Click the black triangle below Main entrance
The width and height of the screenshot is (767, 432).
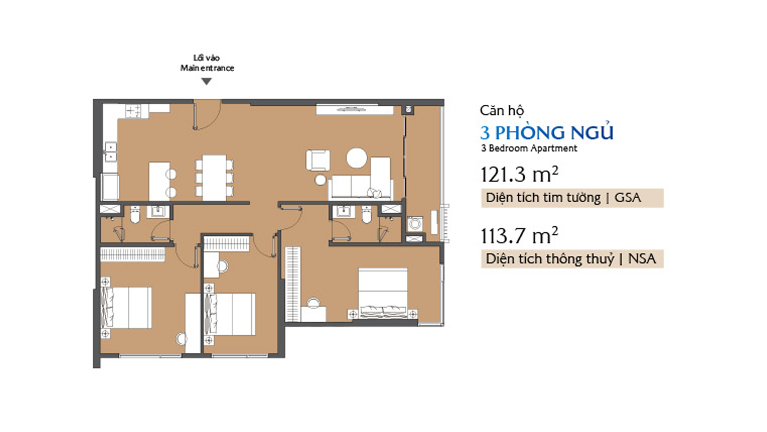tap(206, 81)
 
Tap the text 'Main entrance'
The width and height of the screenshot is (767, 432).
tap(207, 68)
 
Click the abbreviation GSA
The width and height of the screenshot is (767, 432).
tap(628, 198)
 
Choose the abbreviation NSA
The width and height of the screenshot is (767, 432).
tap(642, 259)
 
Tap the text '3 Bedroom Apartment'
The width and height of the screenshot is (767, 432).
tap(529, 148)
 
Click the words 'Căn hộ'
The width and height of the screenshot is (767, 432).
tap(502, 110)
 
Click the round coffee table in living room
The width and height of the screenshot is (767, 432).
tap(356, 158)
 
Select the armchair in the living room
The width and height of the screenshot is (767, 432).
tap(318, 160)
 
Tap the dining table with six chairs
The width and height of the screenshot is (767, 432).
tap(214, 178)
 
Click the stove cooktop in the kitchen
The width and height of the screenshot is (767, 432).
tap(133, 111)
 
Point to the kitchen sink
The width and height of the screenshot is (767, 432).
tap(110, 152)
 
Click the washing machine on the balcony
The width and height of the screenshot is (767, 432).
tap(415, 224)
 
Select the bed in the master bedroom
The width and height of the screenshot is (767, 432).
tap(383, 293)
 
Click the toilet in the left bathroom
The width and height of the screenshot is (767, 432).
tap(135, 215)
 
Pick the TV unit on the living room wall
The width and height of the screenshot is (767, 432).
tap(355, 110)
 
